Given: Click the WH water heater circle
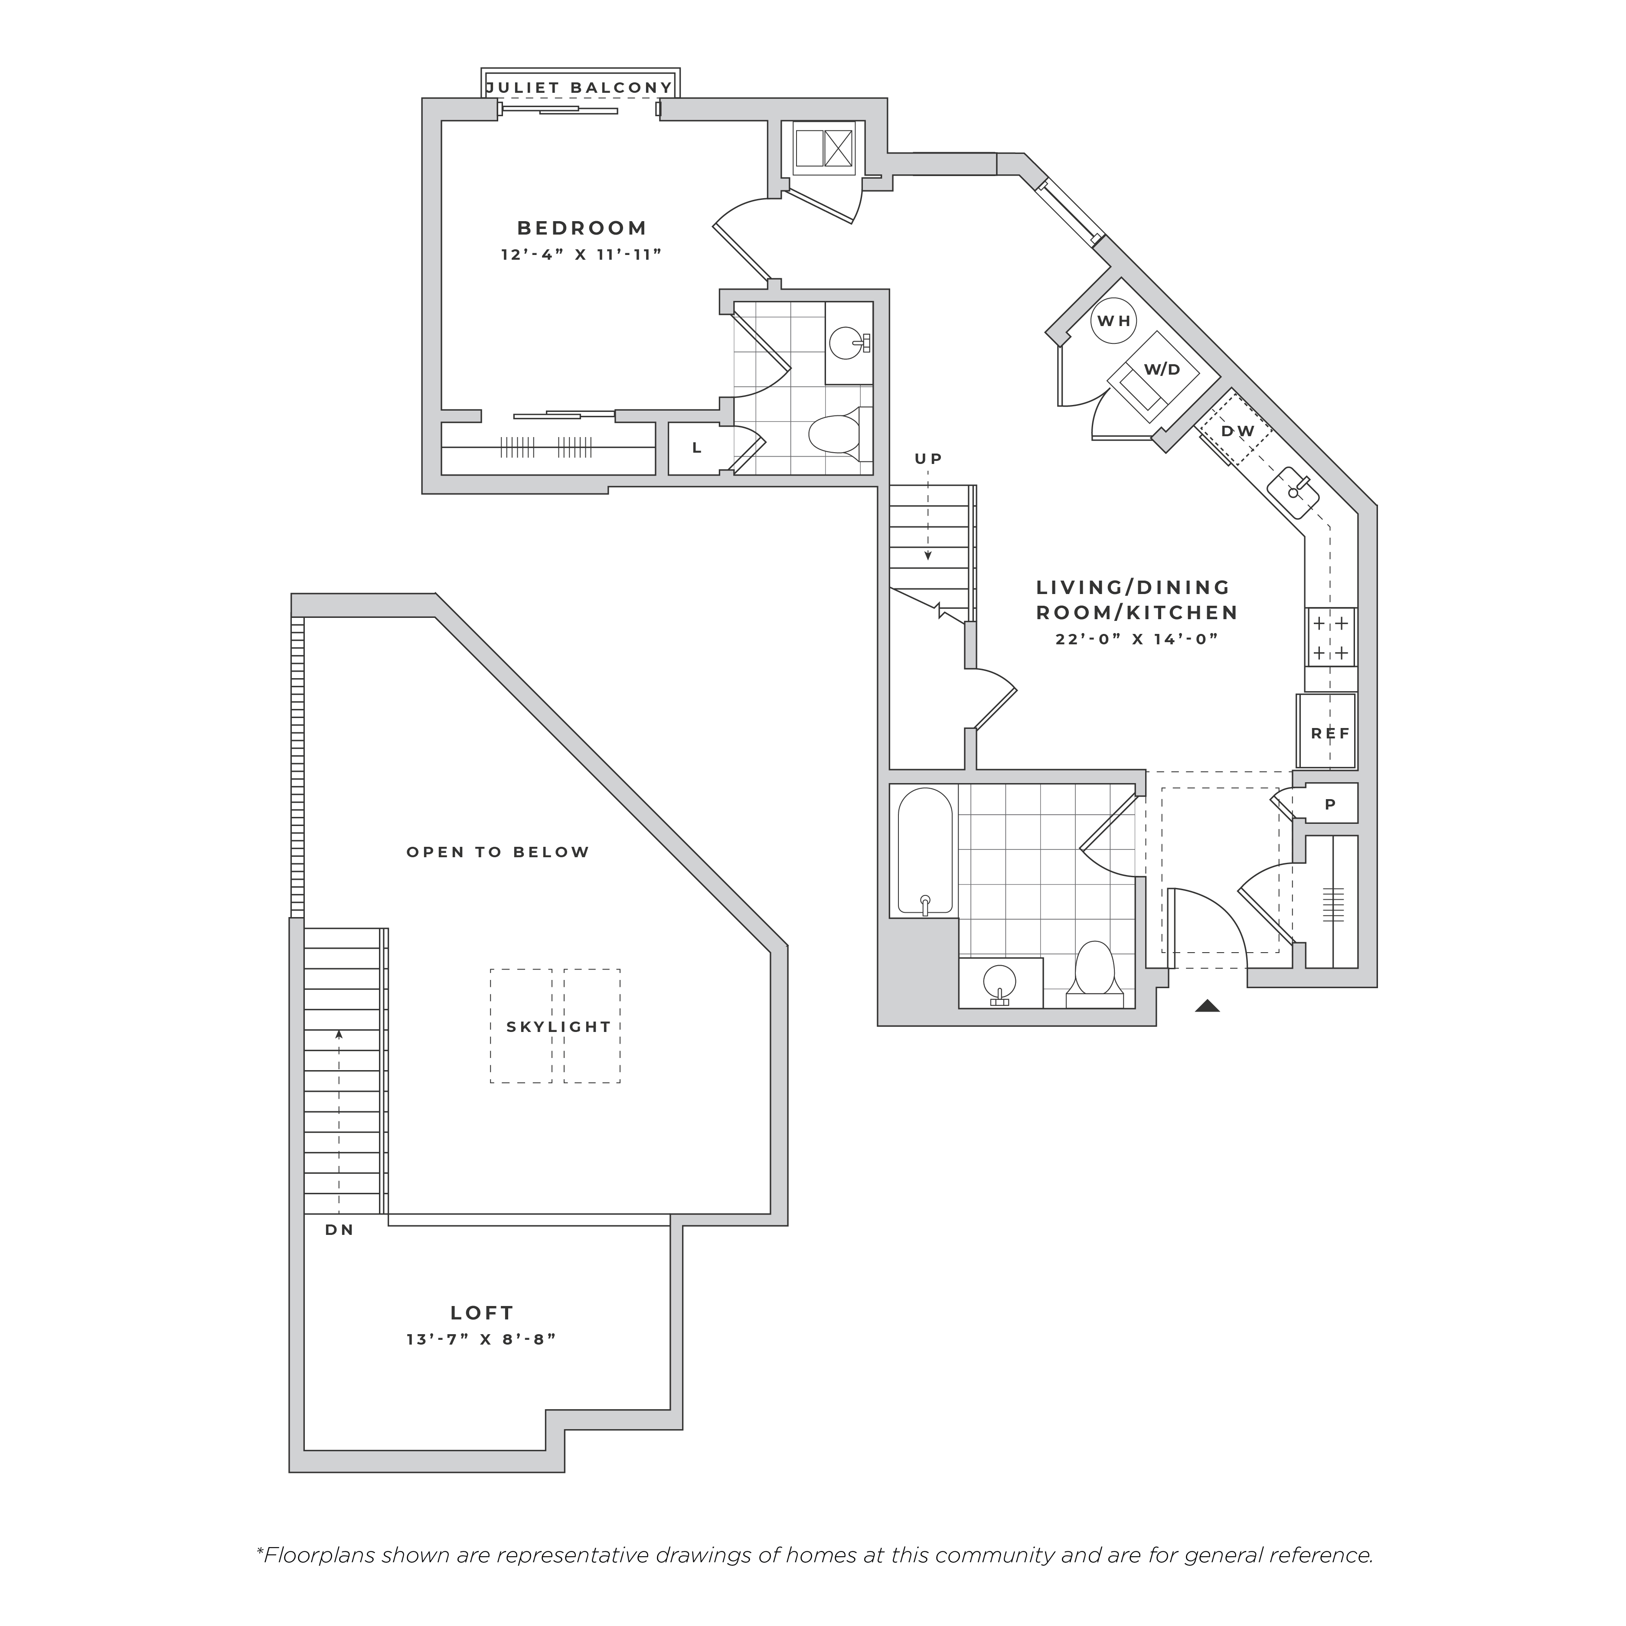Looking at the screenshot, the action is click(x=1113, y=321).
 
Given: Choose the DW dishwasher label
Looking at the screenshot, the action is click(x=1238, y=431).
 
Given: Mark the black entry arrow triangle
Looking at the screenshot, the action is click(x=1208, y=1005).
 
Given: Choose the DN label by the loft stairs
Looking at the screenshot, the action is click(x=339, y=1230).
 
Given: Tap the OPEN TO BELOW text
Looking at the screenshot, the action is click(x=498, y=852).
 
